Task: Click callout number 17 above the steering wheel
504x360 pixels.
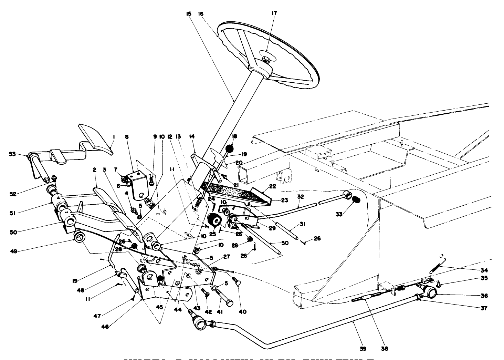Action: tap(274, 13)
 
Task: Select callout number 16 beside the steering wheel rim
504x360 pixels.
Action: tap(201, 13)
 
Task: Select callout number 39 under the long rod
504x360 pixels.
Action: tap(363, 349)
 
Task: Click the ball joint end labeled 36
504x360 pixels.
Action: tap(430, 292)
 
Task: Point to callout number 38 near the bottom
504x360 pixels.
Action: tap(385, 349)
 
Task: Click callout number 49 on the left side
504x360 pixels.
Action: tap(14, 251)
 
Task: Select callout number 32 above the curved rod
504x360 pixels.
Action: tap(301, 197)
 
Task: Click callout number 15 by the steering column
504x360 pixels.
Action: tap(189, 13)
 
